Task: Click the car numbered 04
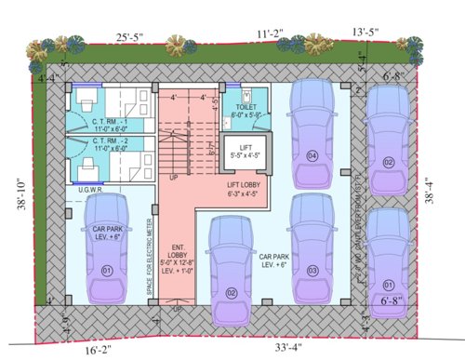312,130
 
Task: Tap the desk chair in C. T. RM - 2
84,166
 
